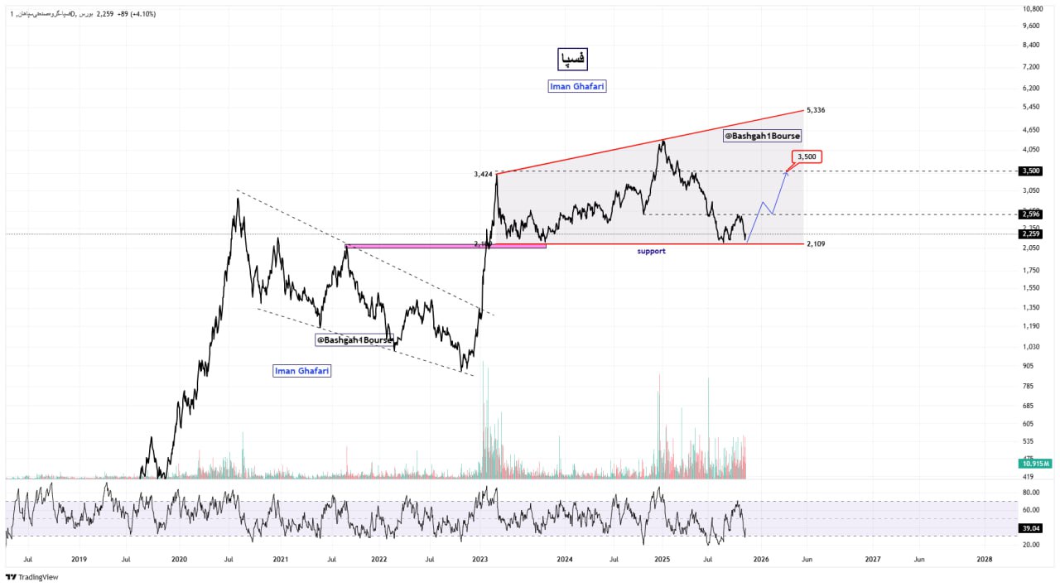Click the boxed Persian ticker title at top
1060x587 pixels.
tap(572, 59)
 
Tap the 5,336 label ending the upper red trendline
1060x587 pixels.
tap(816, 110)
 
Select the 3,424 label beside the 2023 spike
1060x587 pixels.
tap(483, 174)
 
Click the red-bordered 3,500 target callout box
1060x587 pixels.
tap(807, 156)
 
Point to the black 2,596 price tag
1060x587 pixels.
tap(1031, 214)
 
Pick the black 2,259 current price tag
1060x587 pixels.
tap(1031, 233)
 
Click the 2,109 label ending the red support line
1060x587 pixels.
tap(816, 244)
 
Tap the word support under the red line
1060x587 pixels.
tap(651, 251)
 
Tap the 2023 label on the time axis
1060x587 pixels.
tap(479, 559)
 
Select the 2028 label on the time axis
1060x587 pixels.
tap(984, 559)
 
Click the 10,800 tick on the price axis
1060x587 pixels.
tap(1032, 9)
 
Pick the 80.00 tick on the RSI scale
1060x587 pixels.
tap(1031, 493)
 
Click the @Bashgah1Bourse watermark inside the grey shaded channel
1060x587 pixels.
tap(763, 136)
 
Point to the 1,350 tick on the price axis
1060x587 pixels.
tap(1031, 307)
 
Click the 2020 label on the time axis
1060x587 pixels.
tap(179, 559)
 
